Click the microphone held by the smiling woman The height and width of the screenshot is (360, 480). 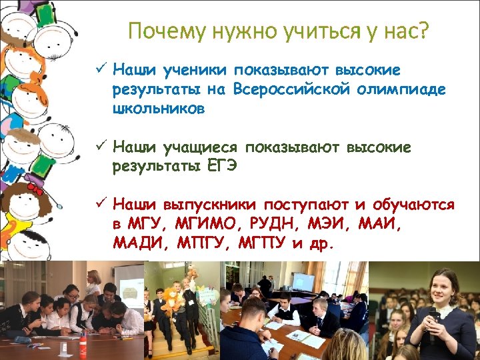[434, 317]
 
